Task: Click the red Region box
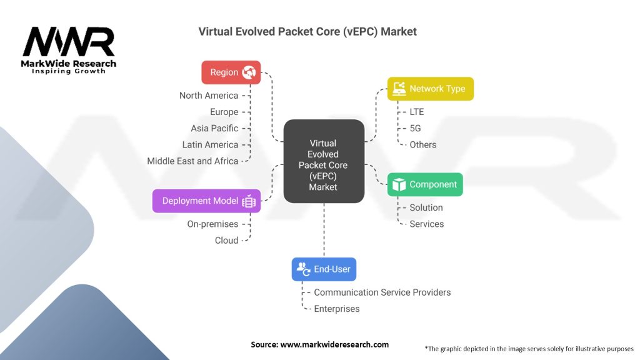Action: [x=231, y=72]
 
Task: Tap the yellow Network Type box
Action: [x=431, y=89]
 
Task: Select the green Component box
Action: [x=425, y=184]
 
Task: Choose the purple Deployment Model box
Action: [x=206, y=201]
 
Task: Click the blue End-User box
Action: [x=324, y=269]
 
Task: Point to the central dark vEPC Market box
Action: [x=323, y=161]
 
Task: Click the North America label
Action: [x=209, y=96]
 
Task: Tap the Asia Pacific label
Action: [x=214, y=128]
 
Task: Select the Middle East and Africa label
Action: [x=192, y=161]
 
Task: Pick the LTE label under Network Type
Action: [x=416, y=112]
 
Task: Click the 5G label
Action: [x=416, y=128]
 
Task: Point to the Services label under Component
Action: [x=426, y=224]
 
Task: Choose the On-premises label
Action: [x=212, y=224]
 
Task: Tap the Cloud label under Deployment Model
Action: [x=226, y=241]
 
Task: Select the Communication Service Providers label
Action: [x=382, y=292]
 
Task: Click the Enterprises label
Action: [x=336, y=309]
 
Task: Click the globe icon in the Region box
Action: [x=249, y=72]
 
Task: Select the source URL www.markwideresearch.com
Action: [x=334, y=344]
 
